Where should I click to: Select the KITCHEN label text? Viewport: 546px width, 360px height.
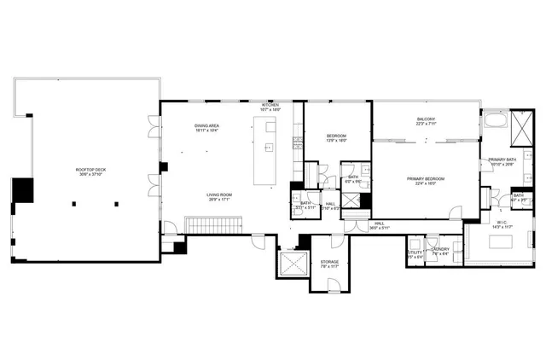(x=270, y=106)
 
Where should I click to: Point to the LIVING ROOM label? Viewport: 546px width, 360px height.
(x=219, y=196)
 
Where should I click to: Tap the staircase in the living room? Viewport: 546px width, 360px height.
(x=216, y=224)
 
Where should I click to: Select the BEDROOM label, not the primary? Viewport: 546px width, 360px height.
(x=336, y=136)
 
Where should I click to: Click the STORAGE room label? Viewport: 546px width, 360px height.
(x=329, y=263)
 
